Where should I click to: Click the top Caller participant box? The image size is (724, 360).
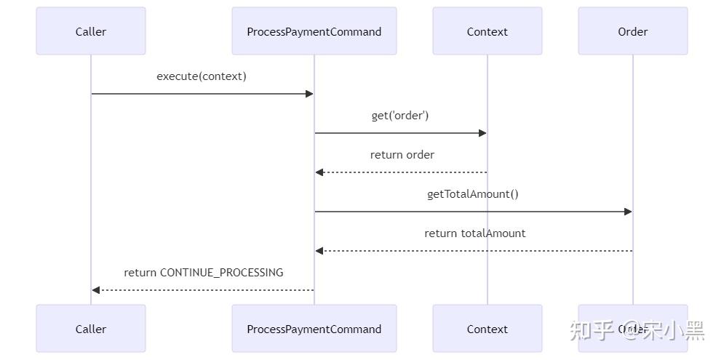tap(91, 31)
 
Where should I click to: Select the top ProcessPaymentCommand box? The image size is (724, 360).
tap(314, 31)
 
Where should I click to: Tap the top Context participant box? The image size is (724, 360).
tap(488, 31)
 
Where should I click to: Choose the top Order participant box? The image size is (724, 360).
tap(633, 31)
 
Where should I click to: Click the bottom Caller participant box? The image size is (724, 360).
tap(91, 329)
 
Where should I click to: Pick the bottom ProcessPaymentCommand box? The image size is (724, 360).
tap(314, 329)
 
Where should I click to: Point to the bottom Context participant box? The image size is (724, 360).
tap(488, 329)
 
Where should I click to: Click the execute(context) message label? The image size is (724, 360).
tap(202, 76)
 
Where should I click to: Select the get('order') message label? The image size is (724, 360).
tap(400, 116)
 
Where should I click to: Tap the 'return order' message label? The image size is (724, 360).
tap(402, 155)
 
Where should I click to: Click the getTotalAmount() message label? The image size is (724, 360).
tap(473, 194)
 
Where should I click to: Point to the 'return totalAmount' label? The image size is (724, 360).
tap(474, 233)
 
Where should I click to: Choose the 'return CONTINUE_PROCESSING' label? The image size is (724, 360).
tap(203, 273)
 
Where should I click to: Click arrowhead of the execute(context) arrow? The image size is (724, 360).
tap(309, 94)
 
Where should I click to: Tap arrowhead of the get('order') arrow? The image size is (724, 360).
tap(482, 133)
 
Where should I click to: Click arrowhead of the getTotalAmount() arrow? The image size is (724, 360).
tap(628, 212)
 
